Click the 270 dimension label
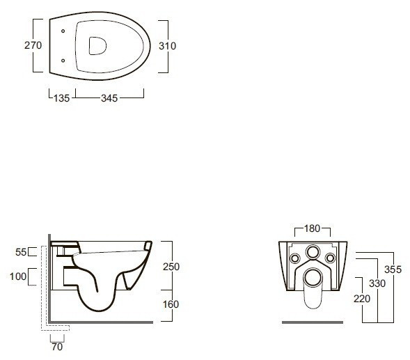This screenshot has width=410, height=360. point(33,45)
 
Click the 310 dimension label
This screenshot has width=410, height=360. point(167,46)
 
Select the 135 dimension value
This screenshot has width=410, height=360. point(62,98)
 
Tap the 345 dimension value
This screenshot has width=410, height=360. point(109,98)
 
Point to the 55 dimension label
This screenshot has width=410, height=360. point(21,252)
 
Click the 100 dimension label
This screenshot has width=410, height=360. point(18,276)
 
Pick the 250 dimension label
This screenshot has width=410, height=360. point(171,267)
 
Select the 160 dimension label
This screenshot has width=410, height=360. point(171,304)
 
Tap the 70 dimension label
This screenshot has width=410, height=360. point(57,347)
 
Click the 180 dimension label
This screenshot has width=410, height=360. point(313,228)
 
